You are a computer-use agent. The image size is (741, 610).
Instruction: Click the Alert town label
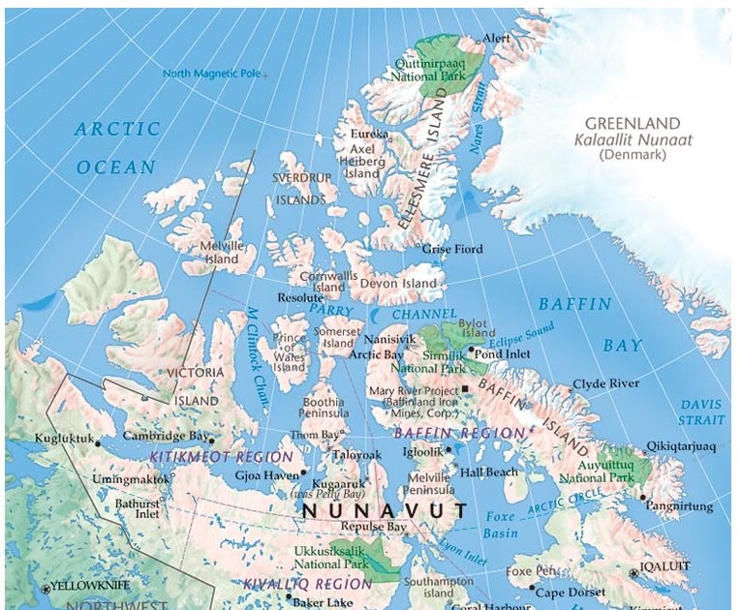[496, 38]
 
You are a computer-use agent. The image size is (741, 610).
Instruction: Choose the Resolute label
[298, 298]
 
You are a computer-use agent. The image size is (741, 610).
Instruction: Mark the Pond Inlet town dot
[471, 350]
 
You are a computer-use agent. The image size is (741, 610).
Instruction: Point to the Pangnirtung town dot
[642, 497]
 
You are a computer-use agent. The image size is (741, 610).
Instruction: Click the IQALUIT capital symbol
[634, 572]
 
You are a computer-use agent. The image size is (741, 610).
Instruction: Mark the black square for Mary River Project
[465, 389]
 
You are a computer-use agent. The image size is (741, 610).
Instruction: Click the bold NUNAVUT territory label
[384, 510]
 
